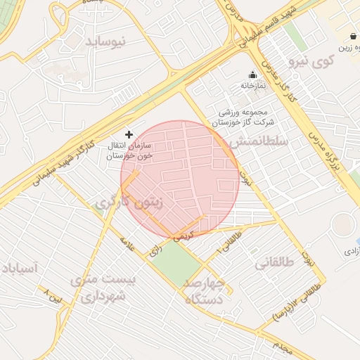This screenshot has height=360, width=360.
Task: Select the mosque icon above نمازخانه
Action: click(x=252, y=75)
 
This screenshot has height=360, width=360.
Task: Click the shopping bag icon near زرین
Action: click(x=352, y=37)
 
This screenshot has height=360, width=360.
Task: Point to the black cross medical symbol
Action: click(x=128, y=134)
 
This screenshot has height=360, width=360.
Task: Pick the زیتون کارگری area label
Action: click(x=128, y=203)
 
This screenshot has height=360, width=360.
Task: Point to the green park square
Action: click(x=176, y=260)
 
